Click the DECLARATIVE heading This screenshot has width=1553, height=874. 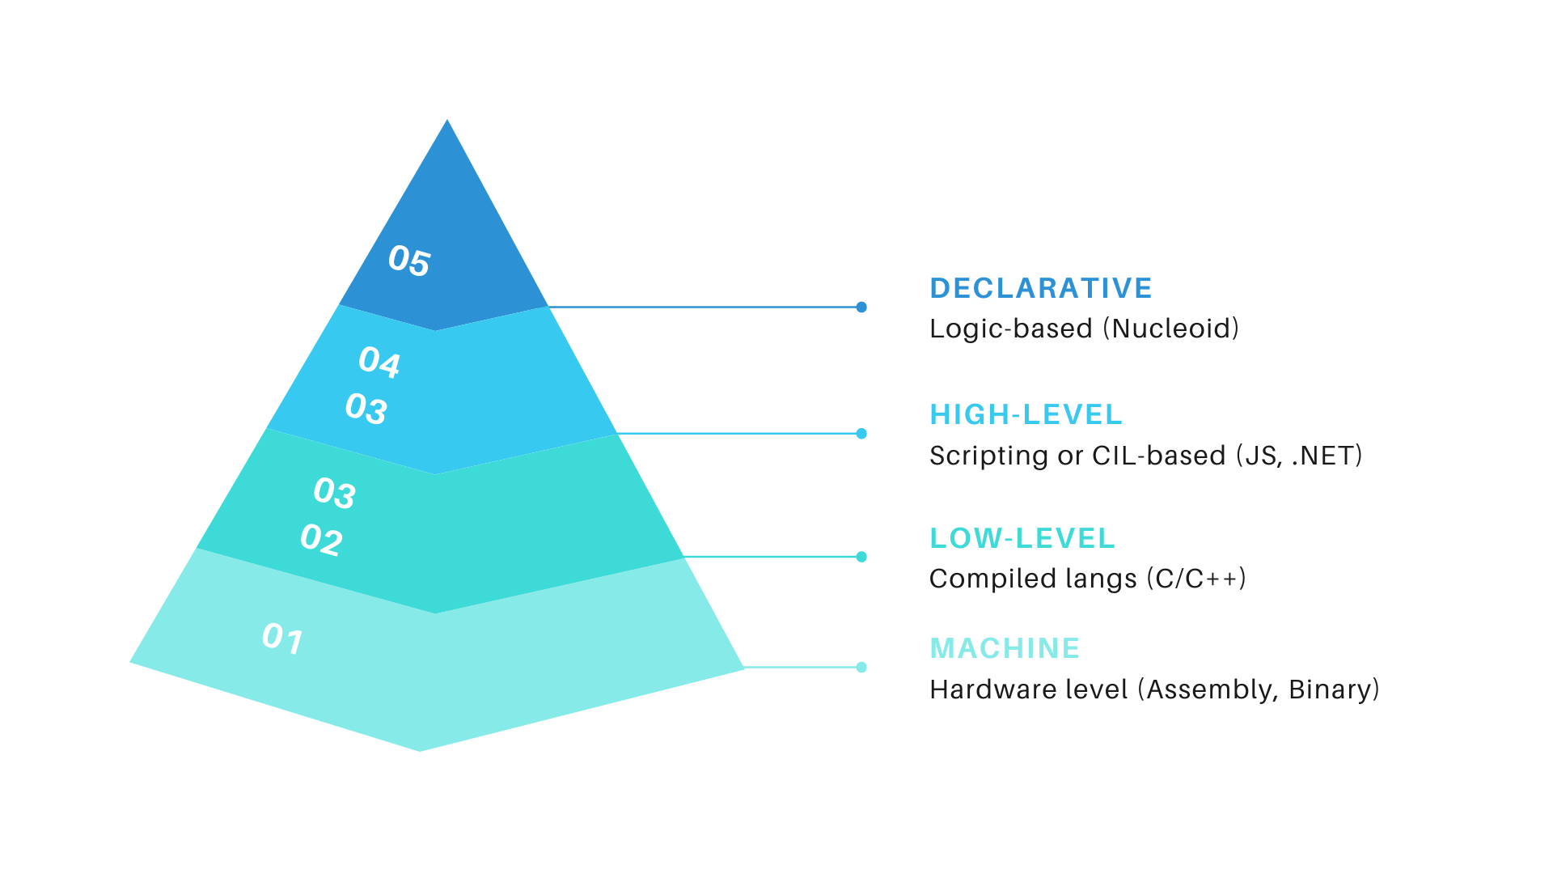coord(1041,288)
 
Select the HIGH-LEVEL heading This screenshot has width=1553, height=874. coord(1026,414)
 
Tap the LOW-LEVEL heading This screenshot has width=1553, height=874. coord(1022,538)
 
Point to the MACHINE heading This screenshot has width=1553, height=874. coord(1005,648)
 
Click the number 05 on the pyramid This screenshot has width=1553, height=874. coord(409,261)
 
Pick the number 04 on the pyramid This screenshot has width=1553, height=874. coord(379,362)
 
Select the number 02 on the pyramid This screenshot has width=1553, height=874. coord(321,539)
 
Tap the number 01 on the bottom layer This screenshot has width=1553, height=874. coord(282,639)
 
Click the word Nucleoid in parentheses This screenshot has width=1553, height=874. coord(1171,329)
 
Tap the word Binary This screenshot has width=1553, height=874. coord(1330,690)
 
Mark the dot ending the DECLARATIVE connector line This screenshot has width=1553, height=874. coord(861,308)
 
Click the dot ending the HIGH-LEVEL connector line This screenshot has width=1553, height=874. coord(861,434)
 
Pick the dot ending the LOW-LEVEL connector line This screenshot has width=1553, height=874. coord(861,557)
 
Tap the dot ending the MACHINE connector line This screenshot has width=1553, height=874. coord(861,668)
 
